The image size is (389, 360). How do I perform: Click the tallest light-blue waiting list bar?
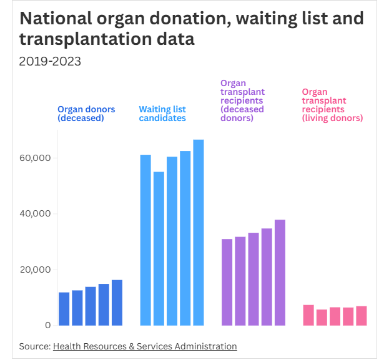click(199, 232)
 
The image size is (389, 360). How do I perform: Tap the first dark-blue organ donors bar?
click(64, 309)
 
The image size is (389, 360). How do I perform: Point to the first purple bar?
click(227, 282)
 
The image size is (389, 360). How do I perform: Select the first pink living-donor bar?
click(308, 315)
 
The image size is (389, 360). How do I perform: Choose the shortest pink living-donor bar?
click(322, 318)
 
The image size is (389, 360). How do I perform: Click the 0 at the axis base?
click(47, 325)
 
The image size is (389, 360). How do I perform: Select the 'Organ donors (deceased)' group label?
click(86, 114)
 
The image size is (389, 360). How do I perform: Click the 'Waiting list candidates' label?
click(162, 114)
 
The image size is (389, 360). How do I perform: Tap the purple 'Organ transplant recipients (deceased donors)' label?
click(242, 100)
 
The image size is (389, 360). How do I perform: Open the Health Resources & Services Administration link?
click(145, 346)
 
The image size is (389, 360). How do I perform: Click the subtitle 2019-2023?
click(50, 61)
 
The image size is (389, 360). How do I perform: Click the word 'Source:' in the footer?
click(34, 346)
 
